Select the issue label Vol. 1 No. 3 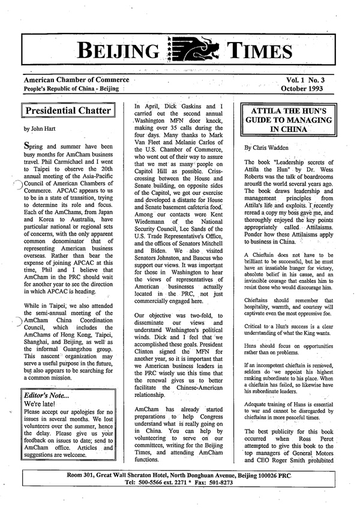[311, 80]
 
